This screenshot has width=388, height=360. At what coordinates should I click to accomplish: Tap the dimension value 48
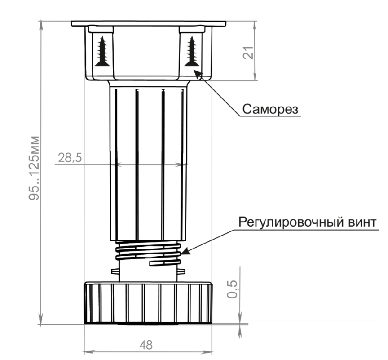(146, 345)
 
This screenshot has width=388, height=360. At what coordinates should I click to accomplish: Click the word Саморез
(271, 109)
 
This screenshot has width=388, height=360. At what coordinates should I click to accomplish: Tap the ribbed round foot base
(148, 302)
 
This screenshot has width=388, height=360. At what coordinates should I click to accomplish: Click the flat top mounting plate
(148, 22)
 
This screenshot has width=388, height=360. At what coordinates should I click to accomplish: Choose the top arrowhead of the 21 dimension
(256, 23)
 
